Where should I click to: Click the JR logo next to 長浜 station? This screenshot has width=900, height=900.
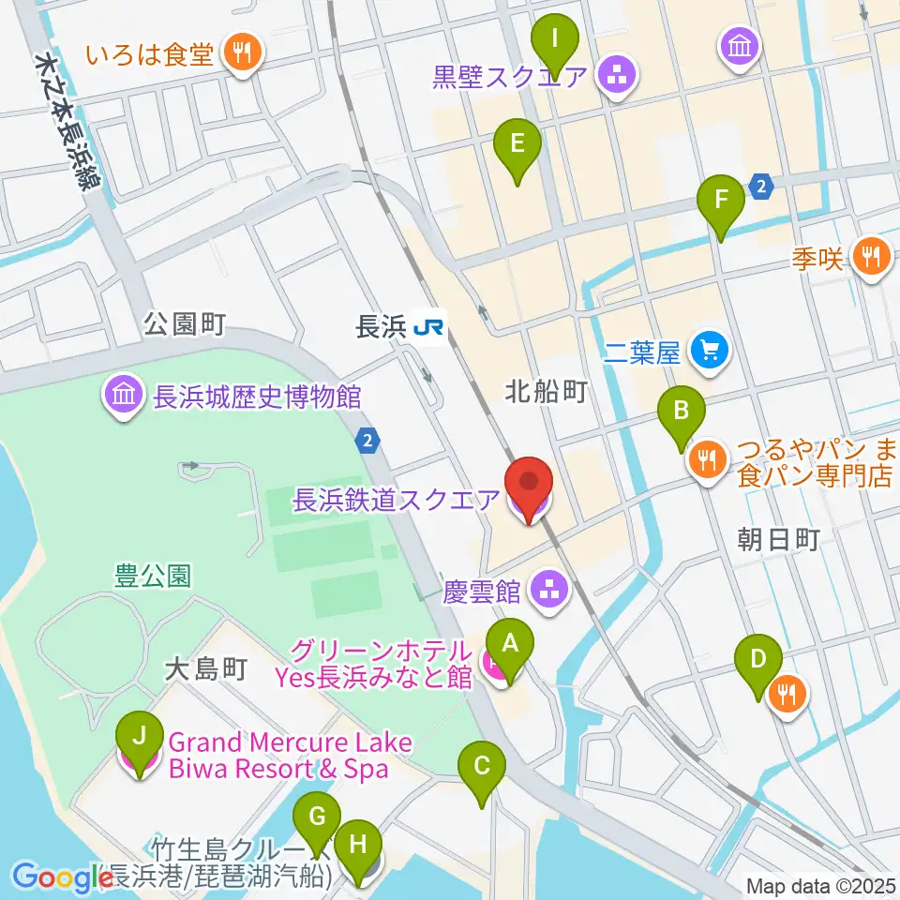point(431,327)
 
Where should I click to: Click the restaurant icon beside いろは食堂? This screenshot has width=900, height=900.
point(243,52)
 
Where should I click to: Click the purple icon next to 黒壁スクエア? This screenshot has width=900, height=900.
point(618,75)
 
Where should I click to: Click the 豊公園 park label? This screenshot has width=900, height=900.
point(153,575)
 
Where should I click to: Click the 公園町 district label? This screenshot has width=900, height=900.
point(185,324)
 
